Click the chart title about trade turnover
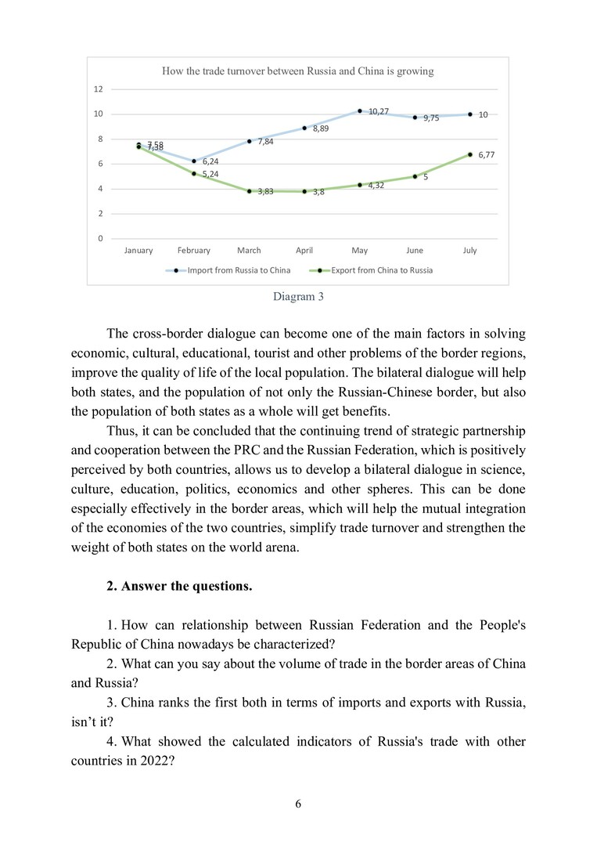[x=297, y=71]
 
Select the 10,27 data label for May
[x=379, y=111]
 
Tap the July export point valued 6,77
[x=470, y=154]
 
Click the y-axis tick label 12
[x=99, y=89]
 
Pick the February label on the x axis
[x=193, y=251]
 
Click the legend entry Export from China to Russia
[x=382, y=270]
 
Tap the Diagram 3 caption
[x=297, y=297]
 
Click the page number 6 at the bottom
[x=298, y=804]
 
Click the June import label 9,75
[x=431, y=118]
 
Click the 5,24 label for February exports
[x=210, y=174]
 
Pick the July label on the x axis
[x=469, y=251]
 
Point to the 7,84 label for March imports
[x=265, y=142]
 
